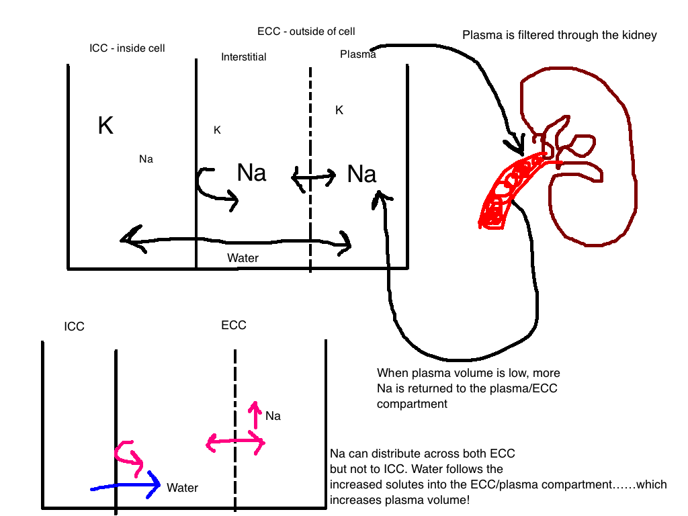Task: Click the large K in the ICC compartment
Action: tap(105, 126)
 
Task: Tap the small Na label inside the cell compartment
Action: tap(146, 159)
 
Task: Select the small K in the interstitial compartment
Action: tap(217, 130)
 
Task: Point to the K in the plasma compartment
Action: tap(339, 110)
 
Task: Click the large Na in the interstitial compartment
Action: tap(251, 173)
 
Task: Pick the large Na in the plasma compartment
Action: tap(361, 174)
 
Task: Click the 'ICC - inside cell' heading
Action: tap(127, 48)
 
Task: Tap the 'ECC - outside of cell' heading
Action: tap(306, 32)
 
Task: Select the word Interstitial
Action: tap(243, 57)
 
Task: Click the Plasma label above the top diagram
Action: tap(358, 54)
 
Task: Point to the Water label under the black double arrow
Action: tap(243, 258)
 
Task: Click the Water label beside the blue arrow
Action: tap(183, 488)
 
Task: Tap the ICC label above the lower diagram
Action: tap(74, 327)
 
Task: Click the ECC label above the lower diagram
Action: tap(234, 325)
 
